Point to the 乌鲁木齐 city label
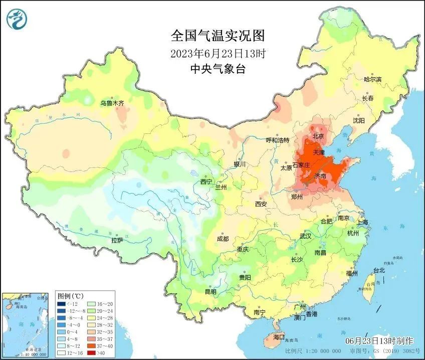pyautogui.click(x=111, y=103)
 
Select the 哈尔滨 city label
pyautogui.click(x=372, y=79)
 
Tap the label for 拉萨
pyautogui.click(x=117, y=240)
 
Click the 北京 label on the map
pyautogui.click(x=318, y=136)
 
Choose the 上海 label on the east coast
pyautogui.click(x=362, y=222)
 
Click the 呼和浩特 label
pyautogui.click(x=277, y=140)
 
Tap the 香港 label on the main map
pyautogui.click(x=312, y=314)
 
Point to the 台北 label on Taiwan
pyautogui.click(x=378, y=271)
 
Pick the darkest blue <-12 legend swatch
pyautogui.click(x=62, y=304)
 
